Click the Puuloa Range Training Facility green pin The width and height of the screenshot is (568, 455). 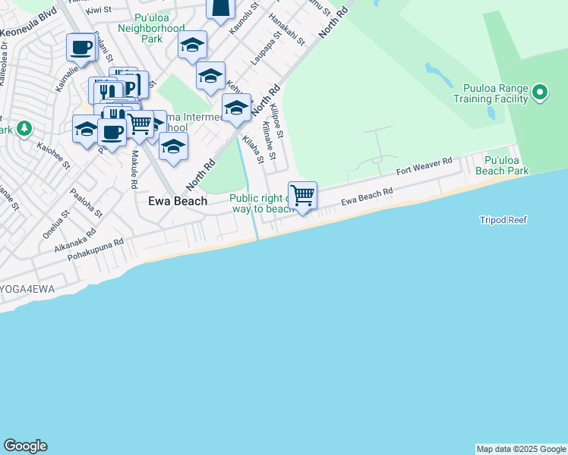click(540, 93)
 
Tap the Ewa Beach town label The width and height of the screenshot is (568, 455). click(177, 201)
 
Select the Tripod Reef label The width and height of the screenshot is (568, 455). click(503, 220)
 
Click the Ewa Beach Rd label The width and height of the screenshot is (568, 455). click(367, 196)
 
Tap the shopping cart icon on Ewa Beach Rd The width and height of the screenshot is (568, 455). click(302, 196)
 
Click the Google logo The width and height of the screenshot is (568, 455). click(25, 446)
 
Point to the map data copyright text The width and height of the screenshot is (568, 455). click(521, 449)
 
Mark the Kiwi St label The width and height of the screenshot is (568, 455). click(99, 10)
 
